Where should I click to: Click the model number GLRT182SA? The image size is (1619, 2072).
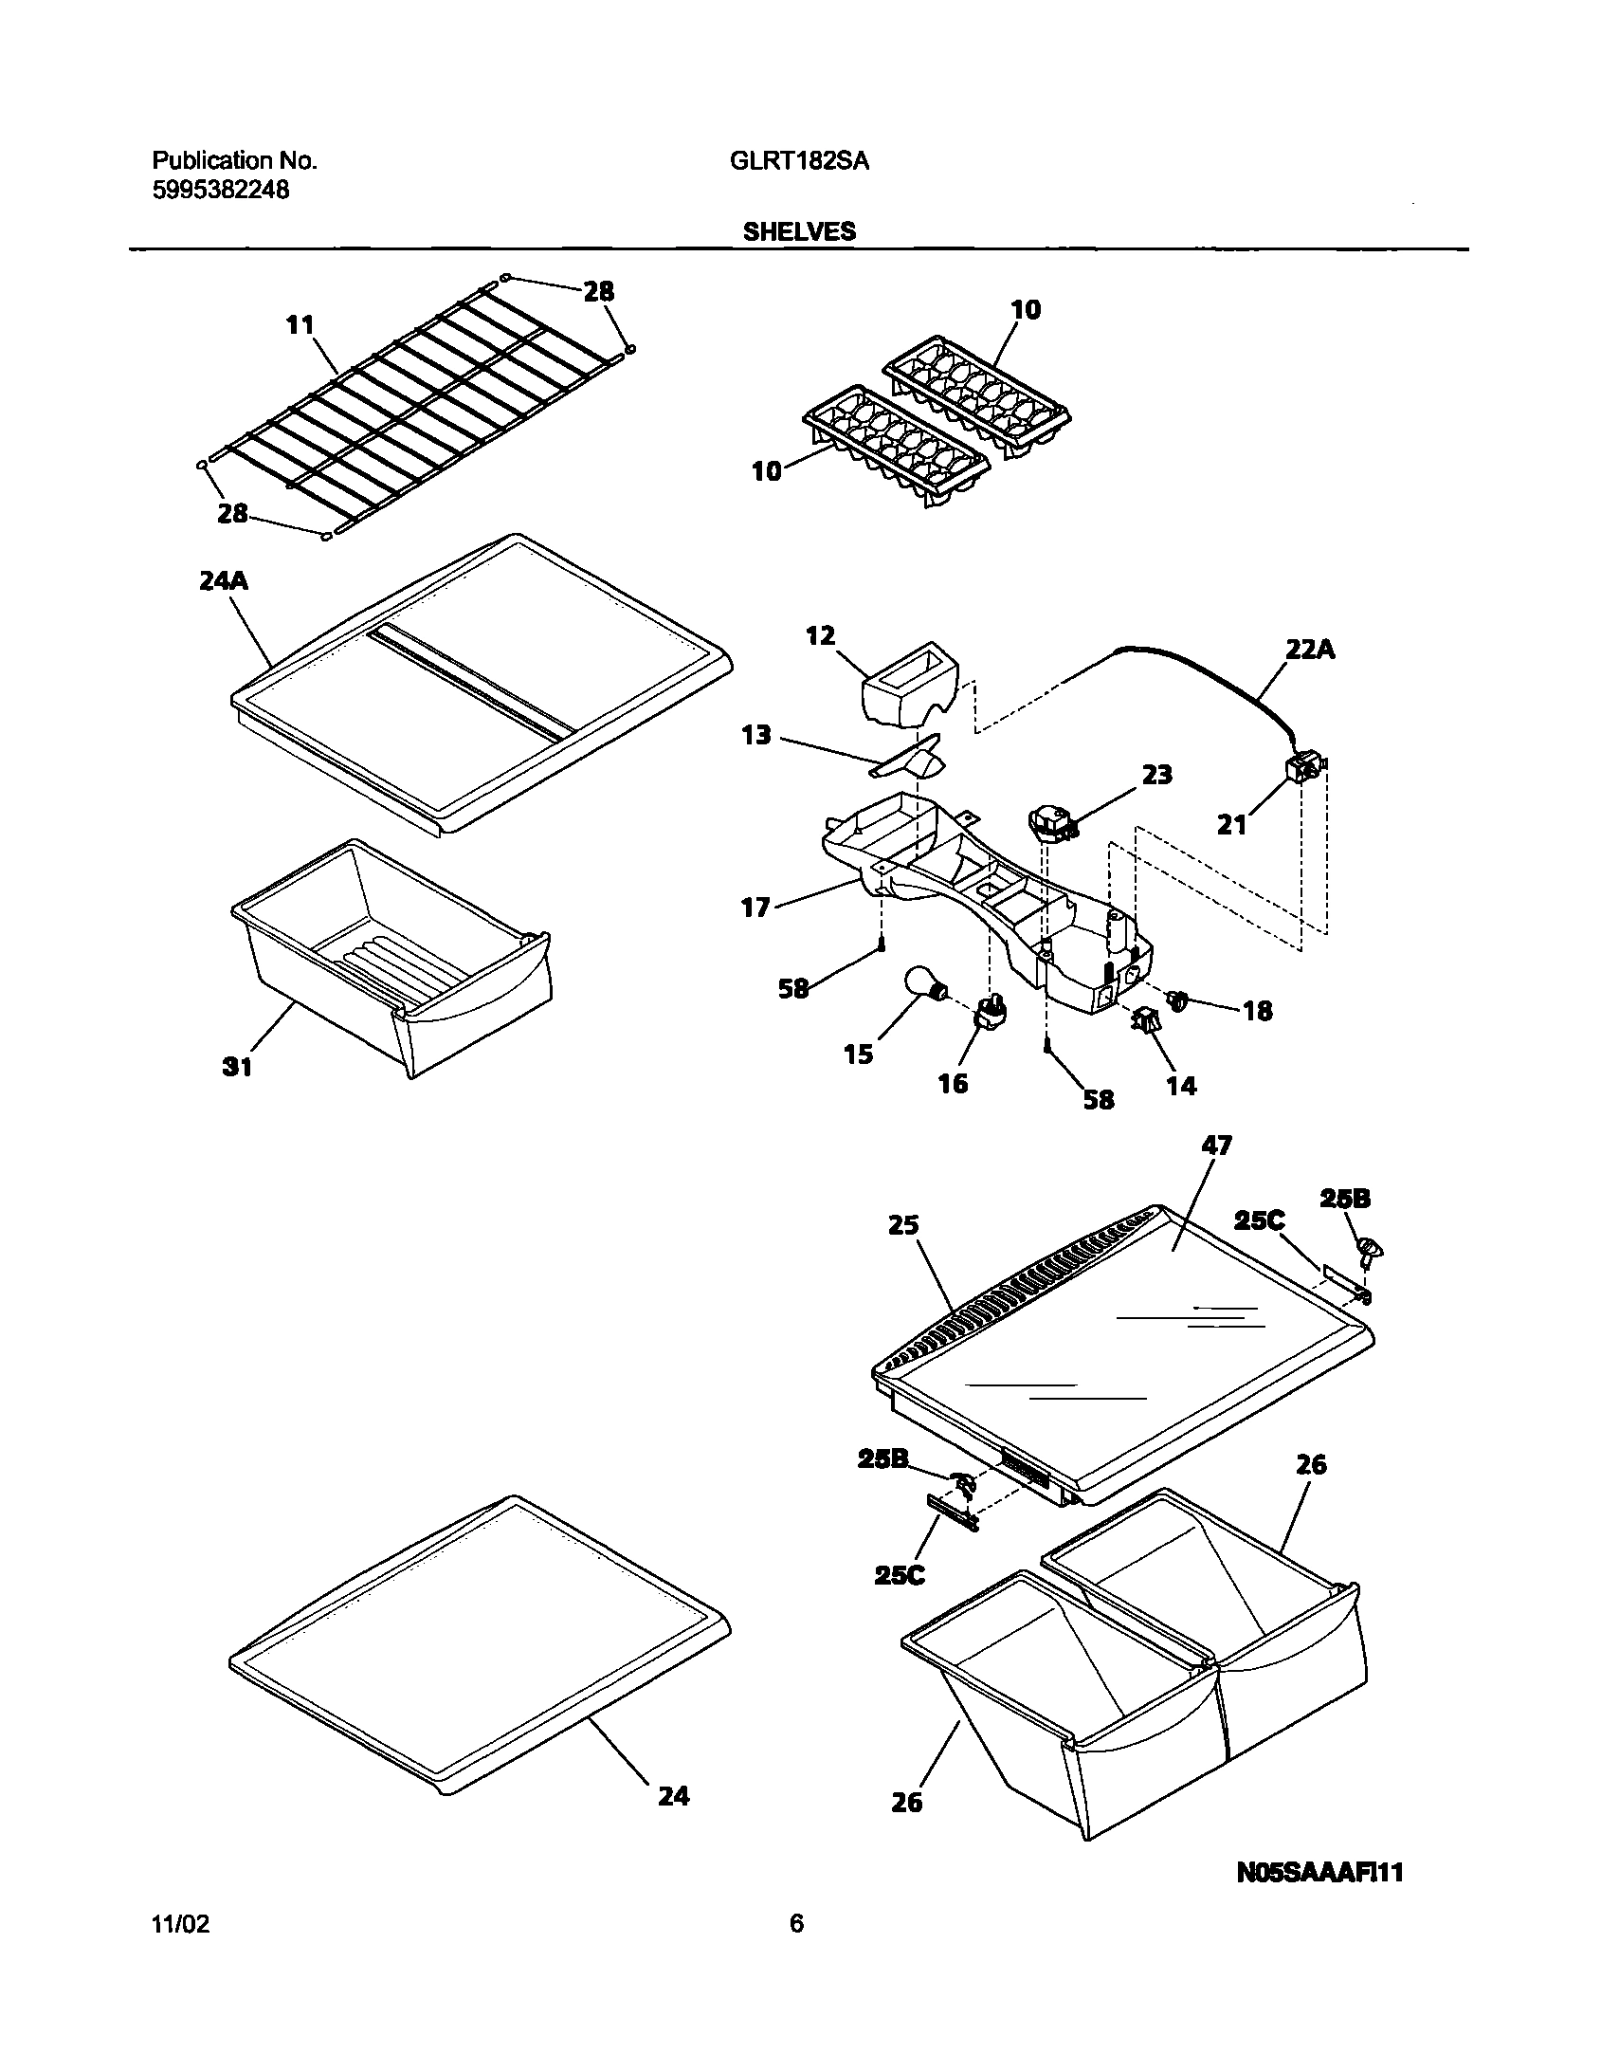click(x=798, y=161)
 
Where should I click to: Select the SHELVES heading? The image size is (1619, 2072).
click(x=798, y=231)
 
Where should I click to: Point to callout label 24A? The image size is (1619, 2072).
click(x=224, y=580)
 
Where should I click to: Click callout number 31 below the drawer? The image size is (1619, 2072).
click(x=237, y=1067)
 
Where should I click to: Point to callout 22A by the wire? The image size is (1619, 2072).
click(x=1310, y=651)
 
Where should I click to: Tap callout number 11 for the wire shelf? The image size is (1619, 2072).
click(x=300, y=325)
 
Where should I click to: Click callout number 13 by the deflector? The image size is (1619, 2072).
click(x=755, y=734)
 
